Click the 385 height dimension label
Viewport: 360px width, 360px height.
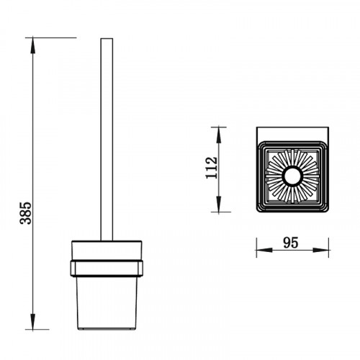point(26,213)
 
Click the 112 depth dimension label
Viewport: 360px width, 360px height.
point(212,168)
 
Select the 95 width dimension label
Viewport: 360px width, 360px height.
point(291,243)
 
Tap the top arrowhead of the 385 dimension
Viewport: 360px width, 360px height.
point(32,46)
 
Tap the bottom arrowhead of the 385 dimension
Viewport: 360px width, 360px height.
point(32,321)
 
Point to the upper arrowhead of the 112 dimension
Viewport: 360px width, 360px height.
point(218,135)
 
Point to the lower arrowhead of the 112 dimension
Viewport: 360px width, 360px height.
point(218,204)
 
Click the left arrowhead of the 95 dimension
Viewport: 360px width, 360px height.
point(264,250)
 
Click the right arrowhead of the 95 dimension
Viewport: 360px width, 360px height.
point(320,250)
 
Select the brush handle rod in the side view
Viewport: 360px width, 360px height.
point(107,139)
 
